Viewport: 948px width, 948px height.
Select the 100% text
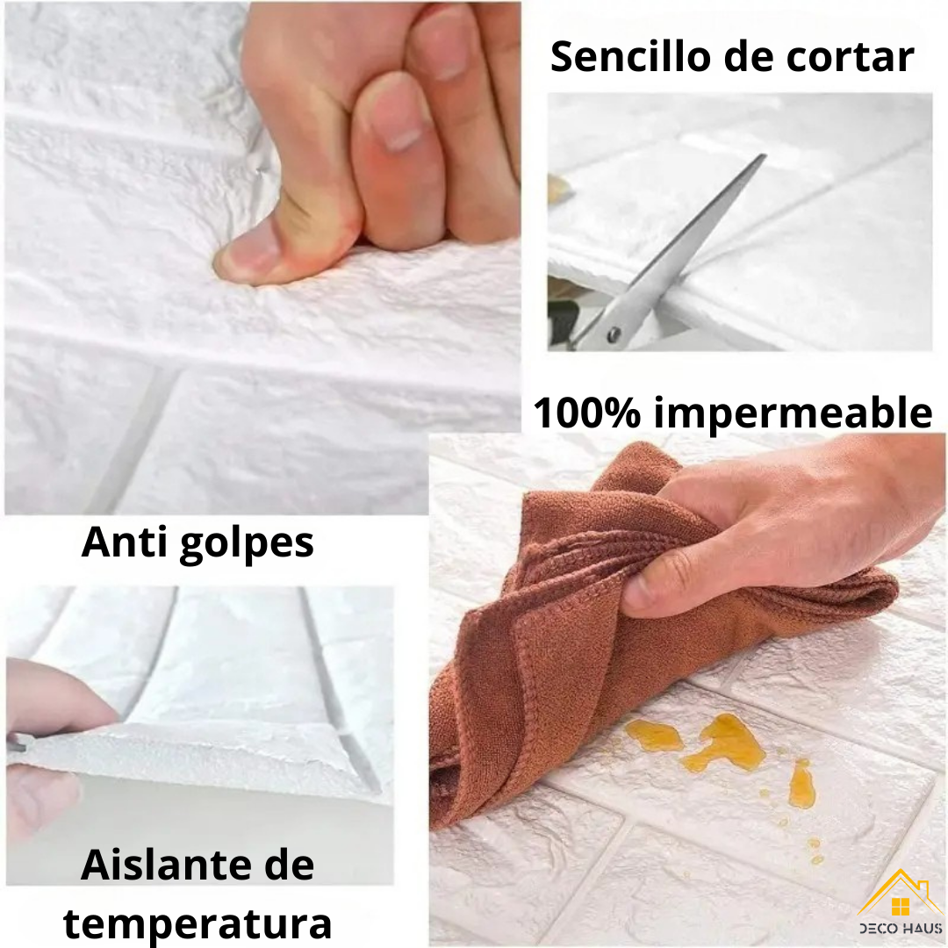pos(588,412)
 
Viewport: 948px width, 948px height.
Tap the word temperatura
pos(197,923)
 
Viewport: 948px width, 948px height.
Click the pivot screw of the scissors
pos(614,334)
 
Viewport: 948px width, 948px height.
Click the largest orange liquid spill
pos(724,743)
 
